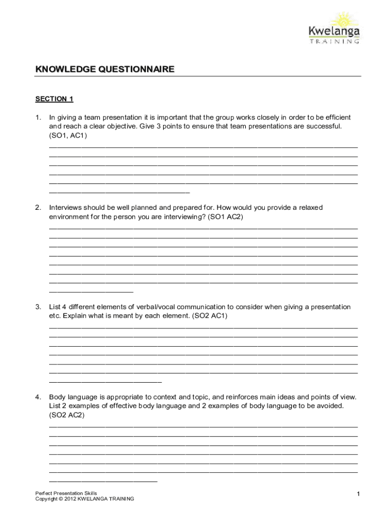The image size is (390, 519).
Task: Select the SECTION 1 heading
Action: [54, 99]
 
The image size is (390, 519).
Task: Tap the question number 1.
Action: [38, 118]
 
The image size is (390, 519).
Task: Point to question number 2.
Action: [38, 208]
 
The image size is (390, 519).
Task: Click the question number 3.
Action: [38, 307]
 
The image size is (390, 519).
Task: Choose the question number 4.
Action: [38, 397]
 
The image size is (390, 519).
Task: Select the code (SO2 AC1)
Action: [210, 316]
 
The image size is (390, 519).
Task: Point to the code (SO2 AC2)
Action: [67, 415]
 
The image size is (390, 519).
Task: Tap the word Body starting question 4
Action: [57, 397]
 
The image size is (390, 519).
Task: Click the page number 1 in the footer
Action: [358, 495]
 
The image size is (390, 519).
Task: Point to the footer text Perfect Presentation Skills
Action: [66, 493]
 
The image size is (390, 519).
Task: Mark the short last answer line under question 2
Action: [91, 292]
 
